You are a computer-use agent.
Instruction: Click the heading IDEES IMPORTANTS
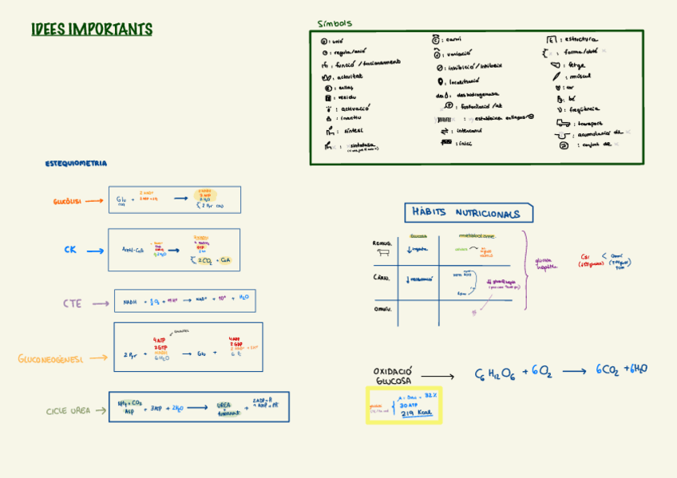pyautogui.click(x=91, y=30)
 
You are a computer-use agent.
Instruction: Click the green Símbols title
pyautogui.click(x=335, y=24)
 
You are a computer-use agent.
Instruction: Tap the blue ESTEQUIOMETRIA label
pyautogui.click(x=76, y=164)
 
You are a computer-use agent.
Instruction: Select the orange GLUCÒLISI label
pyautogui.click(x=68, y=202)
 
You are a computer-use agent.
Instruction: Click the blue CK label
pyautogui.click(x=71, y=251)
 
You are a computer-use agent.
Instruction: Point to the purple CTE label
pyautogui.click(x=73, y=304)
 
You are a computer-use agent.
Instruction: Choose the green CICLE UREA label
pyautogui.click(x=69, y=411)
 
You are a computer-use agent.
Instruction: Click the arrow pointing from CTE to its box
pyautogui.click(x=100, y=304)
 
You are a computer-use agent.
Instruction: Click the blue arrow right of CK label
pyautogui.click(x=95, y=251)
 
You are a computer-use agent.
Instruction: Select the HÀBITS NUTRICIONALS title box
pyautogui.click(x=469, y=214)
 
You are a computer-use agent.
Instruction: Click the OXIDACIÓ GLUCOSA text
pyautogui.click(x=392, y=376)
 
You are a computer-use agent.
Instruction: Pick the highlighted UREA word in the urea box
pyautogui.click(x=224, y=405)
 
